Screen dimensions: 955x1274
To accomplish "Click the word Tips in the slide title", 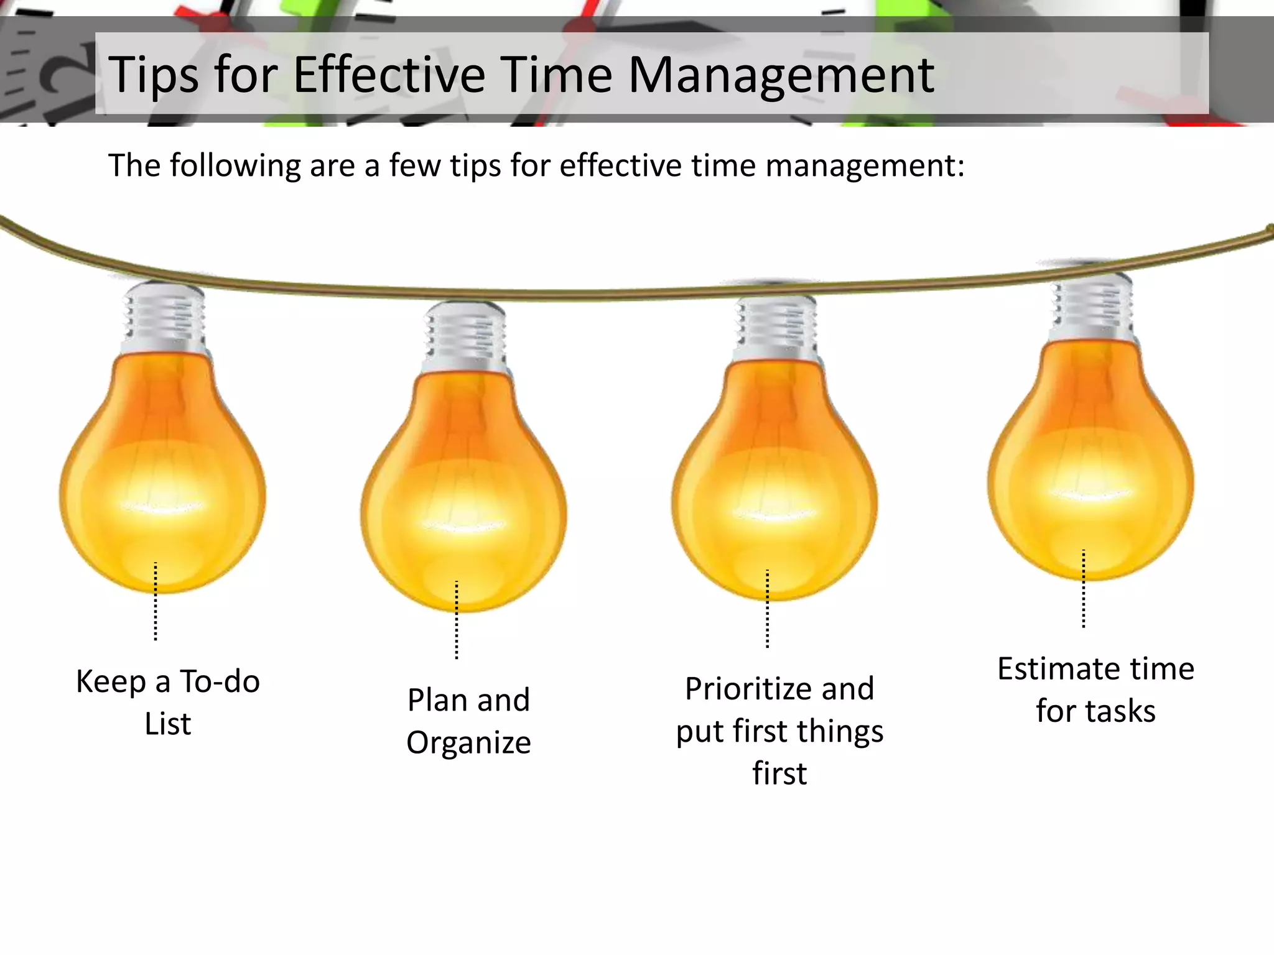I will pos(152,75).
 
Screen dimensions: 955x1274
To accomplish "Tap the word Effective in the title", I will pos(389,75).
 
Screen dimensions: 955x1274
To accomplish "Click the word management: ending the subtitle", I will pos(865,167).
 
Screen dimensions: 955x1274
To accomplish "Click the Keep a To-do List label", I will pos(168,703).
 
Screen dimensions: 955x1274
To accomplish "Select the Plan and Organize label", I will pos(468,721).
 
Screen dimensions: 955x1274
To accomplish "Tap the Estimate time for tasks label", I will pos(1095,690).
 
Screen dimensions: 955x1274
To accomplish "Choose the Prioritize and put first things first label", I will pos(779,731).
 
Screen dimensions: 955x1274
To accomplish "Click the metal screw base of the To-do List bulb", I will pos(164,317).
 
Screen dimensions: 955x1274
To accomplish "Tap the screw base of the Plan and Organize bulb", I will pos(465,336).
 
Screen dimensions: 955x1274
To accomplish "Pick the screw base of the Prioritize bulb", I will pos(776,330).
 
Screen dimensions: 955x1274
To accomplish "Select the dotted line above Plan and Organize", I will pos(457,621).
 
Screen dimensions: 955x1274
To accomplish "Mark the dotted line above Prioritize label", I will pos(767,609).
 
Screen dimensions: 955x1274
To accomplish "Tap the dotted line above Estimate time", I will pos(1083,589).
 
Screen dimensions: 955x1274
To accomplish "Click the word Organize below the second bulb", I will pos(468,743).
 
